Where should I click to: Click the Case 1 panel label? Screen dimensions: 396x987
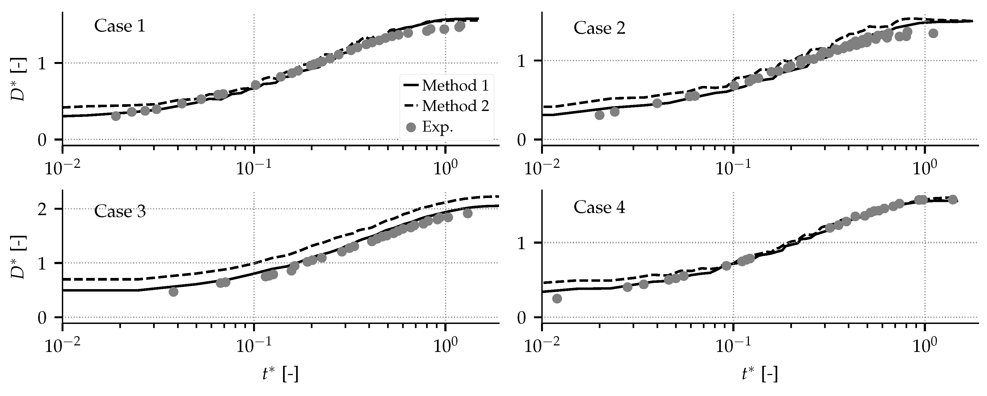click(120, 26)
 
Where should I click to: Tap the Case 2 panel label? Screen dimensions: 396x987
click(599, 28)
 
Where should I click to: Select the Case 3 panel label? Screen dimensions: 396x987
click(120, 211)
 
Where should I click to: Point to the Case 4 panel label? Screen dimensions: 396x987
click(599, 207)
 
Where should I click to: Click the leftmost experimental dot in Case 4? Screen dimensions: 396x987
click(557, 298)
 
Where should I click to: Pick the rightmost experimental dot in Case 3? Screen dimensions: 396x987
click(467, 214)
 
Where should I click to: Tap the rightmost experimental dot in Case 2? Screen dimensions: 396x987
click(933, 33)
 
